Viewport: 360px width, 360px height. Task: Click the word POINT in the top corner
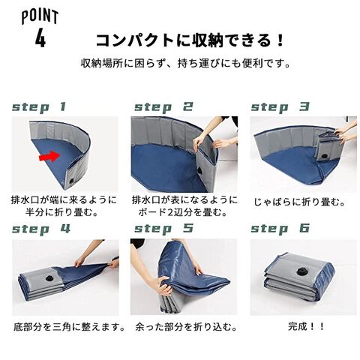[x=40, y=17]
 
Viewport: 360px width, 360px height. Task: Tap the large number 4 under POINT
[x=40, y=37]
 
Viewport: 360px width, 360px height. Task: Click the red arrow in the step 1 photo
[x=49, y=156]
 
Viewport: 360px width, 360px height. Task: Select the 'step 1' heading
[x=39, y=107]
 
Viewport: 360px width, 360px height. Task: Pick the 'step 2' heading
[x=164, y=107]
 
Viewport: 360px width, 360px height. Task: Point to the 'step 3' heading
[x=280, y=107]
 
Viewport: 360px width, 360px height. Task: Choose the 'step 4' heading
[x=41, y=229]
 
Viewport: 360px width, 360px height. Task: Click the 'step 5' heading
[x=164, y=229]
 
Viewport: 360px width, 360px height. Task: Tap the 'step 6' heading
[x=280, y=229]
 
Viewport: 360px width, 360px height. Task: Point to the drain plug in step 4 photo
[x=49, y=278]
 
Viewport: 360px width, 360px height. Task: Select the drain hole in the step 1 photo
[x=71, y=181]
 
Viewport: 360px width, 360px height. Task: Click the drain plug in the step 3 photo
[x=325, y=157]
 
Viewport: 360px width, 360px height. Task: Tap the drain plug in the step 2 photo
[x=200, y=171]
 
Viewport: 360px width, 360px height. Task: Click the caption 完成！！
[x=306, y=326]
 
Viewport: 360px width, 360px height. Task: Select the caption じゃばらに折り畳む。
[x=300, y=202]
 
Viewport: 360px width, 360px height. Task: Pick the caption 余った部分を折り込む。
[x=186, y=327]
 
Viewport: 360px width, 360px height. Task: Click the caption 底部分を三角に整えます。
[x=69, y=327]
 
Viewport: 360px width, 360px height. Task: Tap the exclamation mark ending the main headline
[x=280, y=40]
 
